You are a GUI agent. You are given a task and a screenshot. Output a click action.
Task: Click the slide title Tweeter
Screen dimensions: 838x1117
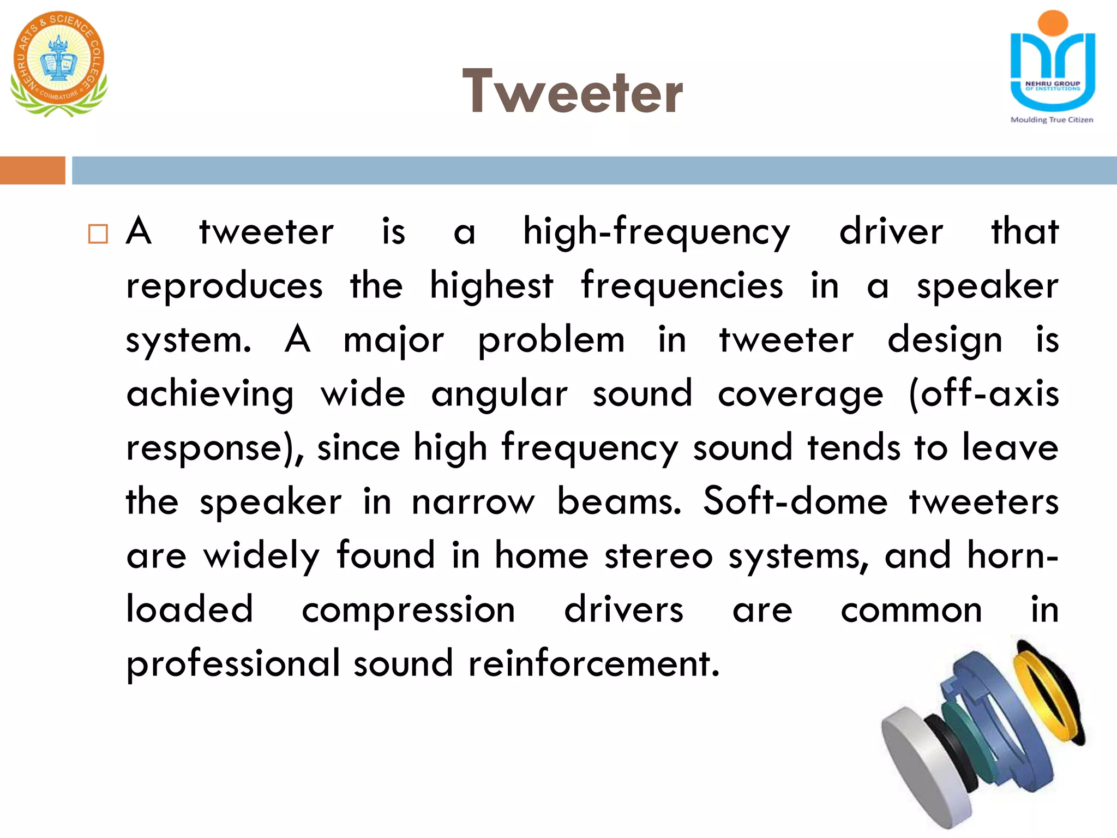point(572,92)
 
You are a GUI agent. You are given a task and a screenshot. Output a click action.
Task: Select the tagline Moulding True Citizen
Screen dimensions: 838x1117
point(1052,120)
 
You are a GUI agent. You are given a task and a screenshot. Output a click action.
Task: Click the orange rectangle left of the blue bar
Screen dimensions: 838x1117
point(32,170)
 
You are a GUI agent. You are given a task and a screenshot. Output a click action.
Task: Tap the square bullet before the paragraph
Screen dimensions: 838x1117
point(98,234)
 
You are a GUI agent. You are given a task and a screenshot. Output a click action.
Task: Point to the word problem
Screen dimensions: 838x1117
point(551,340)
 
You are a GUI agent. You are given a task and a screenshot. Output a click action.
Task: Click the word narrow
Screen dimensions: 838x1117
point(473,502)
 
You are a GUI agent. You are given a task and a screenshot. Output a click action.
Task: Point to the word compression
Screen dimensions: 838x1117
point(409,610)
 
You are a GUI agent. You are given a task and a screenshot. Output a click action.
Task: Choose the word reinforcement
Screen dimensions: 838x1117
point(594,663)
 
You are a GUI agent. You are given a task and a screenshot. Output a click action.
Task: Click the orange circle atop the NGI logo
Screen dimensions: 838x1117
point(1053,23)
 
